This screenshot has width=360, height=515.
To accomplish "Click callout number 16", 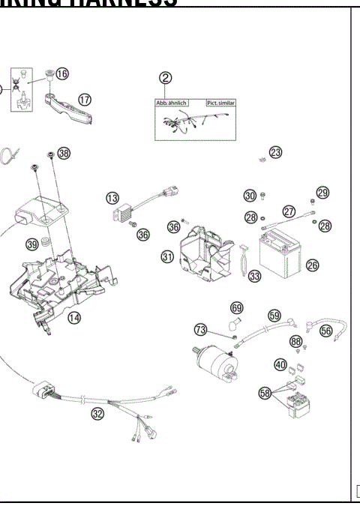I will [61, 73].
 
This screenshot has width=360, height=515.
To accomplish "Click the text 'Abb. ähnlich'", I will [172, 103].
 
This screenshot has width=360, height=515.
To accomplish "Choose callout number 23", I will [276, 152].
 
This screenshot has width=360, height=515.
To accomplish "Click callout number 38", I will [64, 153].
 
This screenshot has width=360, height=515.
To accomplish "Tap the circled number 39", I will [32, 244].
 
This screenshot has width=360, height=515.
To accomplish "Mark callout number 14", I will [75, 317].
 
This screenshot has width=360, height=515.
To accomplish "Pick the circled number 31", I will [168, 256].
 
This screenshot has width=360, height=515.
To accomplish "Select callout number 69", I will [236, 307].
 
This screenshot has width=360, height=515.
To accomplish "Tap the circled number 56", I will [326, 329].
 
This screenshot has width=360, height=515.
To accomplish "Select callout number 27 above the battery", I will [287, 211].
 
